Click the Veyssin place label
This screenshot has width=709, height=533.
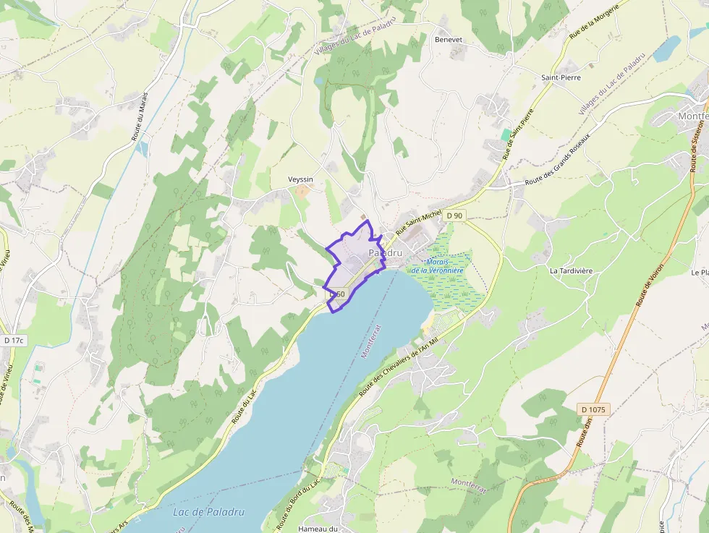300,179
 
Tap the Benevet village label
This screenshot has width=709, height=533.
448,40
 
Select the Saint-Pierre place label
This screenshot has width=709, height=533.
561,77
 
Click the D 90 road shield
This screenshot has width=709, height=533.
454,216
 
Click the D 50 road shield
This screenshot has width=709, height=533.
338,294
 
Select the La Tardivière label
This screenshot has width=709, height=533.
571,271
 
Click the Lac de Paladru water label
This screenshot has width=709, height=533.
209,512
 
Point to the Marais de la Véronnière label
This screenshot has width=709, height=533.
438,266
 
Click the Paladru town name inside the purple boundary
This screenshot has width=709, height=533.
385,253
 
